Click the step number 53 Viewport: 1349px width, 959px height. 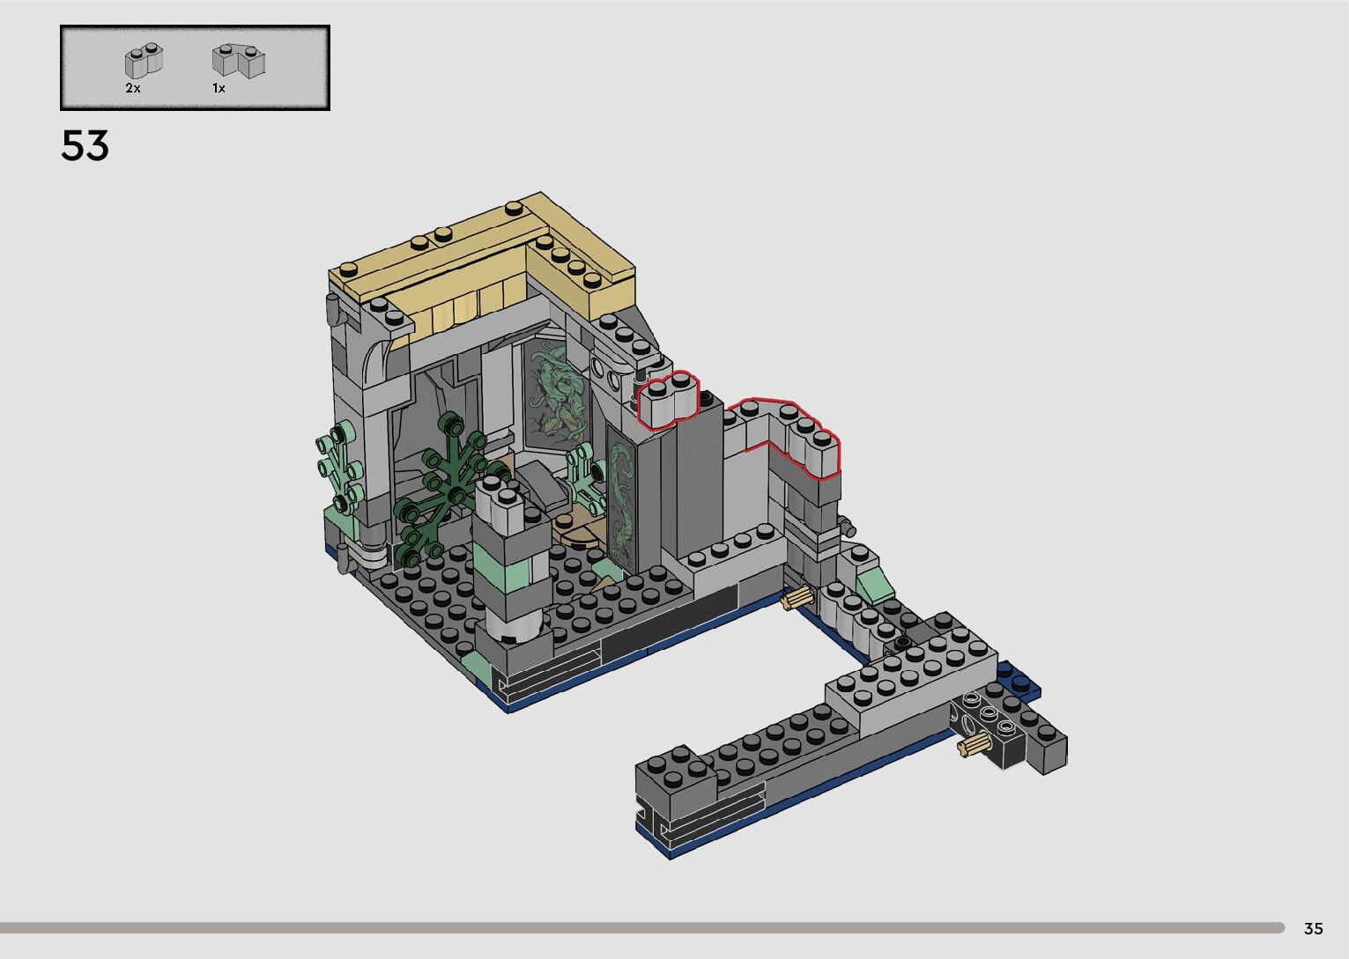(x=85, y=145)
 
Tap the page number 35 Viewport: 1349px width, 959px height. (x=1314, y=928)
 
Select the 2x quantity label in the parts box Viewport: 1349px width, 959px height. (x=133, y=88)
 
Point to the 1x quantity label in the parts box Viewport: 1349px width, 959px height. (x=219, y=88)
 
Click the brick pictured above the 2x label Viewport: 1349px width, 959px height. (x=144, y=61)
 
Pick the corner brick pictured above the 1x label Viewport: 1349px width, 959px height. (x=239, y=61)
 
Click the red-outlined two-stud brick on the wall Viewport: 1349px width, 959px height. (x=669, y=400)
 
